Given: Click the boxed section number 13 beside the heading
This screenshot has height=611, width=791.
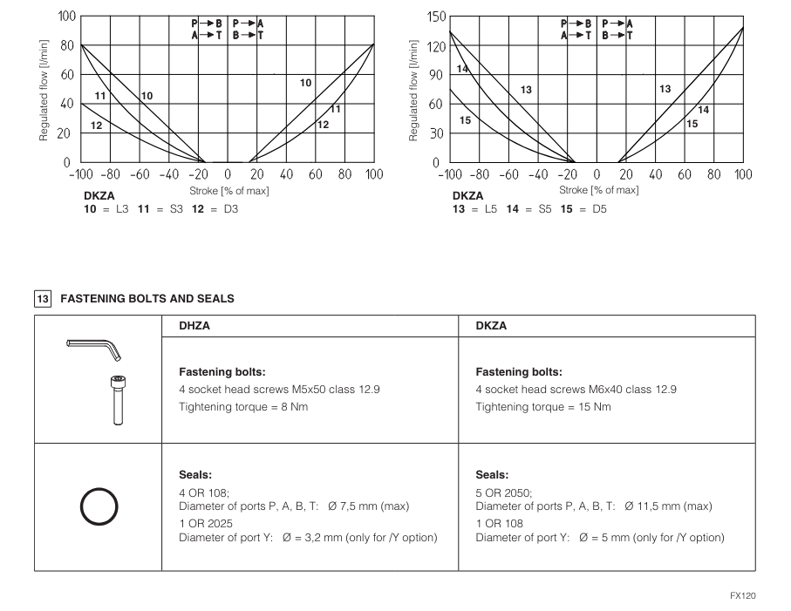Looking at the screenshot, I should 42,298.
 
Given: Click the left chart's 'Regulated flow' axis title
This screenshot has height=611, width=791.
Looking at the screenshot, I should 41,90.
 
